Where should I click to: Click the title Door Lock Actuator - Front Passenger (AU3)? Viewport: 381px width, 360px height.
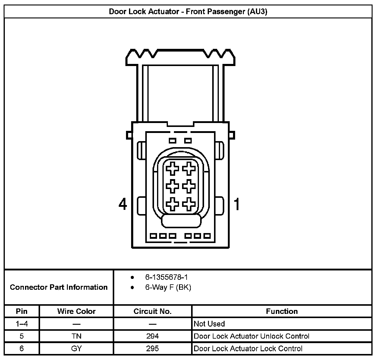[188, 12]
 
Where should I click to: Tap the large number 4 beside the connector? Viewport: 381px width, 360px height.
[123, 204]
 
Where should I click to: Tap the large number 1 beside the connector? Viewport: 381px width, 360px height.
[237, 204]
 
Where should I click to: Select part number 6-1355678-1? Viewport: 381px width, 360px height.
[166, 277]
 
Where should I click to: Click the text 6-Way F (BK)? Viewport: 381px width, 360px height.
[168, 287]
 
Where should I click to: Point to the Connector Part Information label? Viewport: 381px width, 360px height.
[59, 287]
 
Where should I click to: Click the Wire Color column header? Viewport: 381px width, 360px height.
[76, 311]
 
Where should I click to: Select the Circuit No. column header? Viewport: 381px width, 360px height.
[153, 311]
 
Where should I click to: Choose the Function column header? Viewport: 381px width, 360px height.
[282, 311]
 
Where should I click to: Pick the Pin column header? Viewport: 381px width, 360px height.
[22, 311]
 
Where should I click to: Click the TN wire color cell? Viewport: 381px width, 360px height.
[76, 336]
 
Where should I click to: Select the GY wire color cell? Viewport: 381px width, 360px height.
[76, 349]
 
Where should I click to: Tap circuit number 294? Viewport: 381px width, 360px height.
[153, 336]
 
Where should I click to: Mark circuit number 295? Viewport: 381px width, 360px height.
[153, 349]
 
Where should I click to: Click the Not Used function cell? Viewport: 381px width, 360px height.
[209, 324]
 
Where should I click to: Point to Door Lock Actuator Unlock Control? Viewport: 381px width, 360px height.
[251, 336]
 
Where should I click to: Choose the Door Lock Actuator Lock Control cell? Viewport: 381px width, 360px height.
[248, 349]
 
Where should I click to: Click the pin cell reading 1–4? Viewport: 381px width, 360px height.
[22, 324]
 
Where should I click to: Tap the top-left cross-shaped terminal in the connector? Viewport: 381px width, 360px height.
[173, 168]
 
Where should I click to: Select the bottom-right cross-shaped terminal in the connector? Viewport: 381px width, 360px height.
[189, 204]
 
